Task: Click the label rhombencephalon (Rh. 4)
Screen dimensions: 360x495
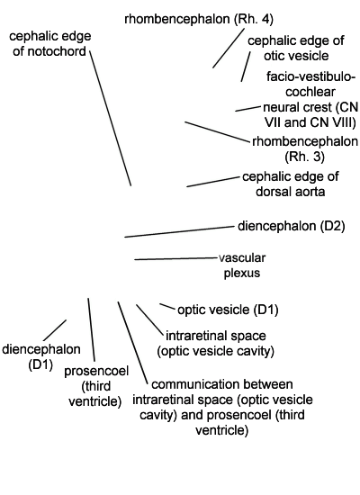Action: [199, 20]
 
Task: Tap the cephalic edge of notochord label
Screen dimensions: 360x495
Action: [49, 43]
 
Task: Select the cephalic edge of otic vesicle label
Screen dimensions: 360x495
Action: [296, 49]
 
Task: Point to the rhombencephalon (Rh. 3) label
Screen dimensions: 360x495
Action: [305, 149]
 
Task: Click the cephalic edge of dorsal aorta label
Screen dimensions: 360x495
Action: [291, 184]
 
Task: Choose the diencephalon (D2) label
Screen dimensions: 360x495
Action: [292, 226]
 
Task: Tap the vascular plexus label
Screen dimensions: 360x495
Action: [242, 265]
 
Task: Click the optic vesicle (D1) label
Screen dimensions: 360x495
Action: [228, 310]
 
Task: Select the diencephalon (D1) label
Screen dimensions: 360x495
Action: [41, 357]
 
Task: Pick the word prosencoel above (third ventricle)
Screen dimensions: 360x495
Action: [96, 371]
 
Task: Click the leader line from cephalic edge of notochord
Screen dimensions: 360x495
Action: [110, 118]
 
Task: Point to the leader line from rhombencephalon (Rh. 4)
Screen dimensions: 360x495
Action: [229, 49]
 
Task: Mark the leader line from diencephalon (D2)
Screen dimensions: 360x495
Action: [179, 231]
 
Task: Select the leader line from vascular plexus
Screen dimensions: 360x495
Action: [176, 259]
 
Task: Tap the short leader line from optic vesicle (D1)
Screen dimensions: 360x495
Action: [167, 307]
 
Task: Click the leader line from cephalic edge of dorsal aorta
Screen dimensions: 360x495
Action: [213, 182]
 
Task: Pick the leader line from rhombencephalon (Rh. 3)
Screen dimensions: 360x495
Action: [217, 131]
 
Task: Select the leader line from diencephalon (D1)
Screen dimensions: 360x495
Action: [55, 330]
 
